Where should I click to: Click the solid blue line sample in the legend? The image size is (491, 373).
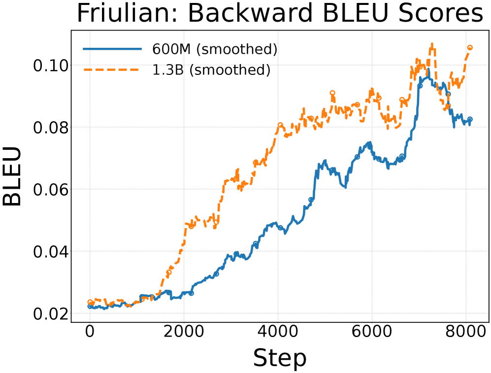point(112,49)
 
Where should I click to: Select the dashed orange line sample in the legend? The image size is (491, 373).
point(112,69)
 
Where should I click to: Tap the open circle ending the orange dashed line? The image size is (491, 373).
point(469,47)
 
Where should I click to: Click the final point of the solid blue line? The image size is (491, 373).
point(470,119)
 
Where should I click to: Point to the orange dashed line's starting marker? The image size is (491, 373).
point(90,302)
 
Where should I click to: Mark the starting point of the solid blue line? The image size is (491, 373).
point(90,306)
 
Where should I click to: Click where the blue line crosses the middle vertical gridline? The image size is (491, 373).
point(278,226)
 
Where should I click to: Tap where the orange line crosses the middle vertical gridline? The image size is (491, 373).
point(278,129)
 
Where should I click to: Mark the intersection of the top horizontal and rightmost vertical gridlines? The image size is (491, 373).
point(466,65)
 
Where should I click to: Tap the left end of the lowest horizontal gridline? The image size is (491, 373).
point(72,313)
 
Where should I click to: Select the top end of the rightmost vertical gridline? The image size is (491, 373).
point(466,32)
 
